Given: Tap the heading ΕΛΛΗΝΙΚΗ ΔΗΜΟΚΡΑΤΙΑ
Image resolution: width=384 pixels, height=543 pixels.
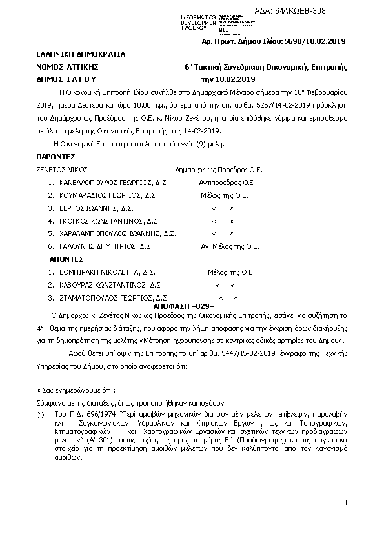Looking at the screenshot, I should [x=81, y=55].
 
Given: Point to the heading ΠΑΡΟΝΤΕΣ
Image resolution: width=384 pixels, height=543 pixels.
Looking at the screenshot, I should [x=56, y=157].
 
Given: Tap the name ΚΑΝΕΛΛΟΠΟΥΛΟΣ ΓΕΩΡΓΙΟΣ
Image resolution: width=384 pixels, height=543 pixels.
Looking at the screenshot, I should [x=105, y=183].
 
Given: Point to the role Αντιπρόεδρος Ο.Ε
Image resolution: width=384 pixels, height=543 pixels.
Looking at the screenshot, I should [x=226, y=183].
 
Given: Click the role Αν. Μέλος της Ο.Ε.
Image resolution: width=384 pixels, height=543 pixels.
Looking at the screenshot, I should [x=230, y=246].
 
